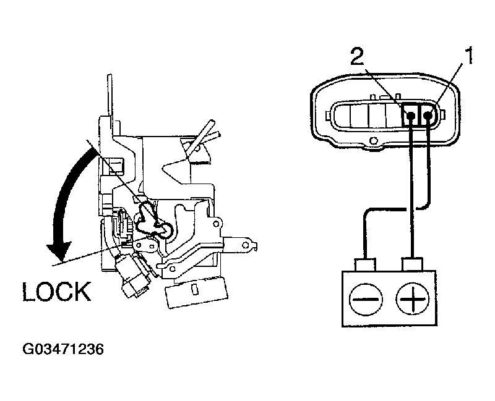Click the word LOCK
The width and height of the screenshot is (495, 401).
coord(57,291)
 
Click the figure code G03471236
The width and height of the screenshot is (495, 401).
coord(62,349)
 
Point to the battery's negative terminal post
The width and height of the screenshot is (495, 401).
coord(366,264)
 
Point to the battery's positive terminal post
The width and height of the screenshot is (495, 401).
coord(411,264)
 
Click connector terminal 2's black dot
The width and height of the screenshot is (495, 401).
coord(411,114)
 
